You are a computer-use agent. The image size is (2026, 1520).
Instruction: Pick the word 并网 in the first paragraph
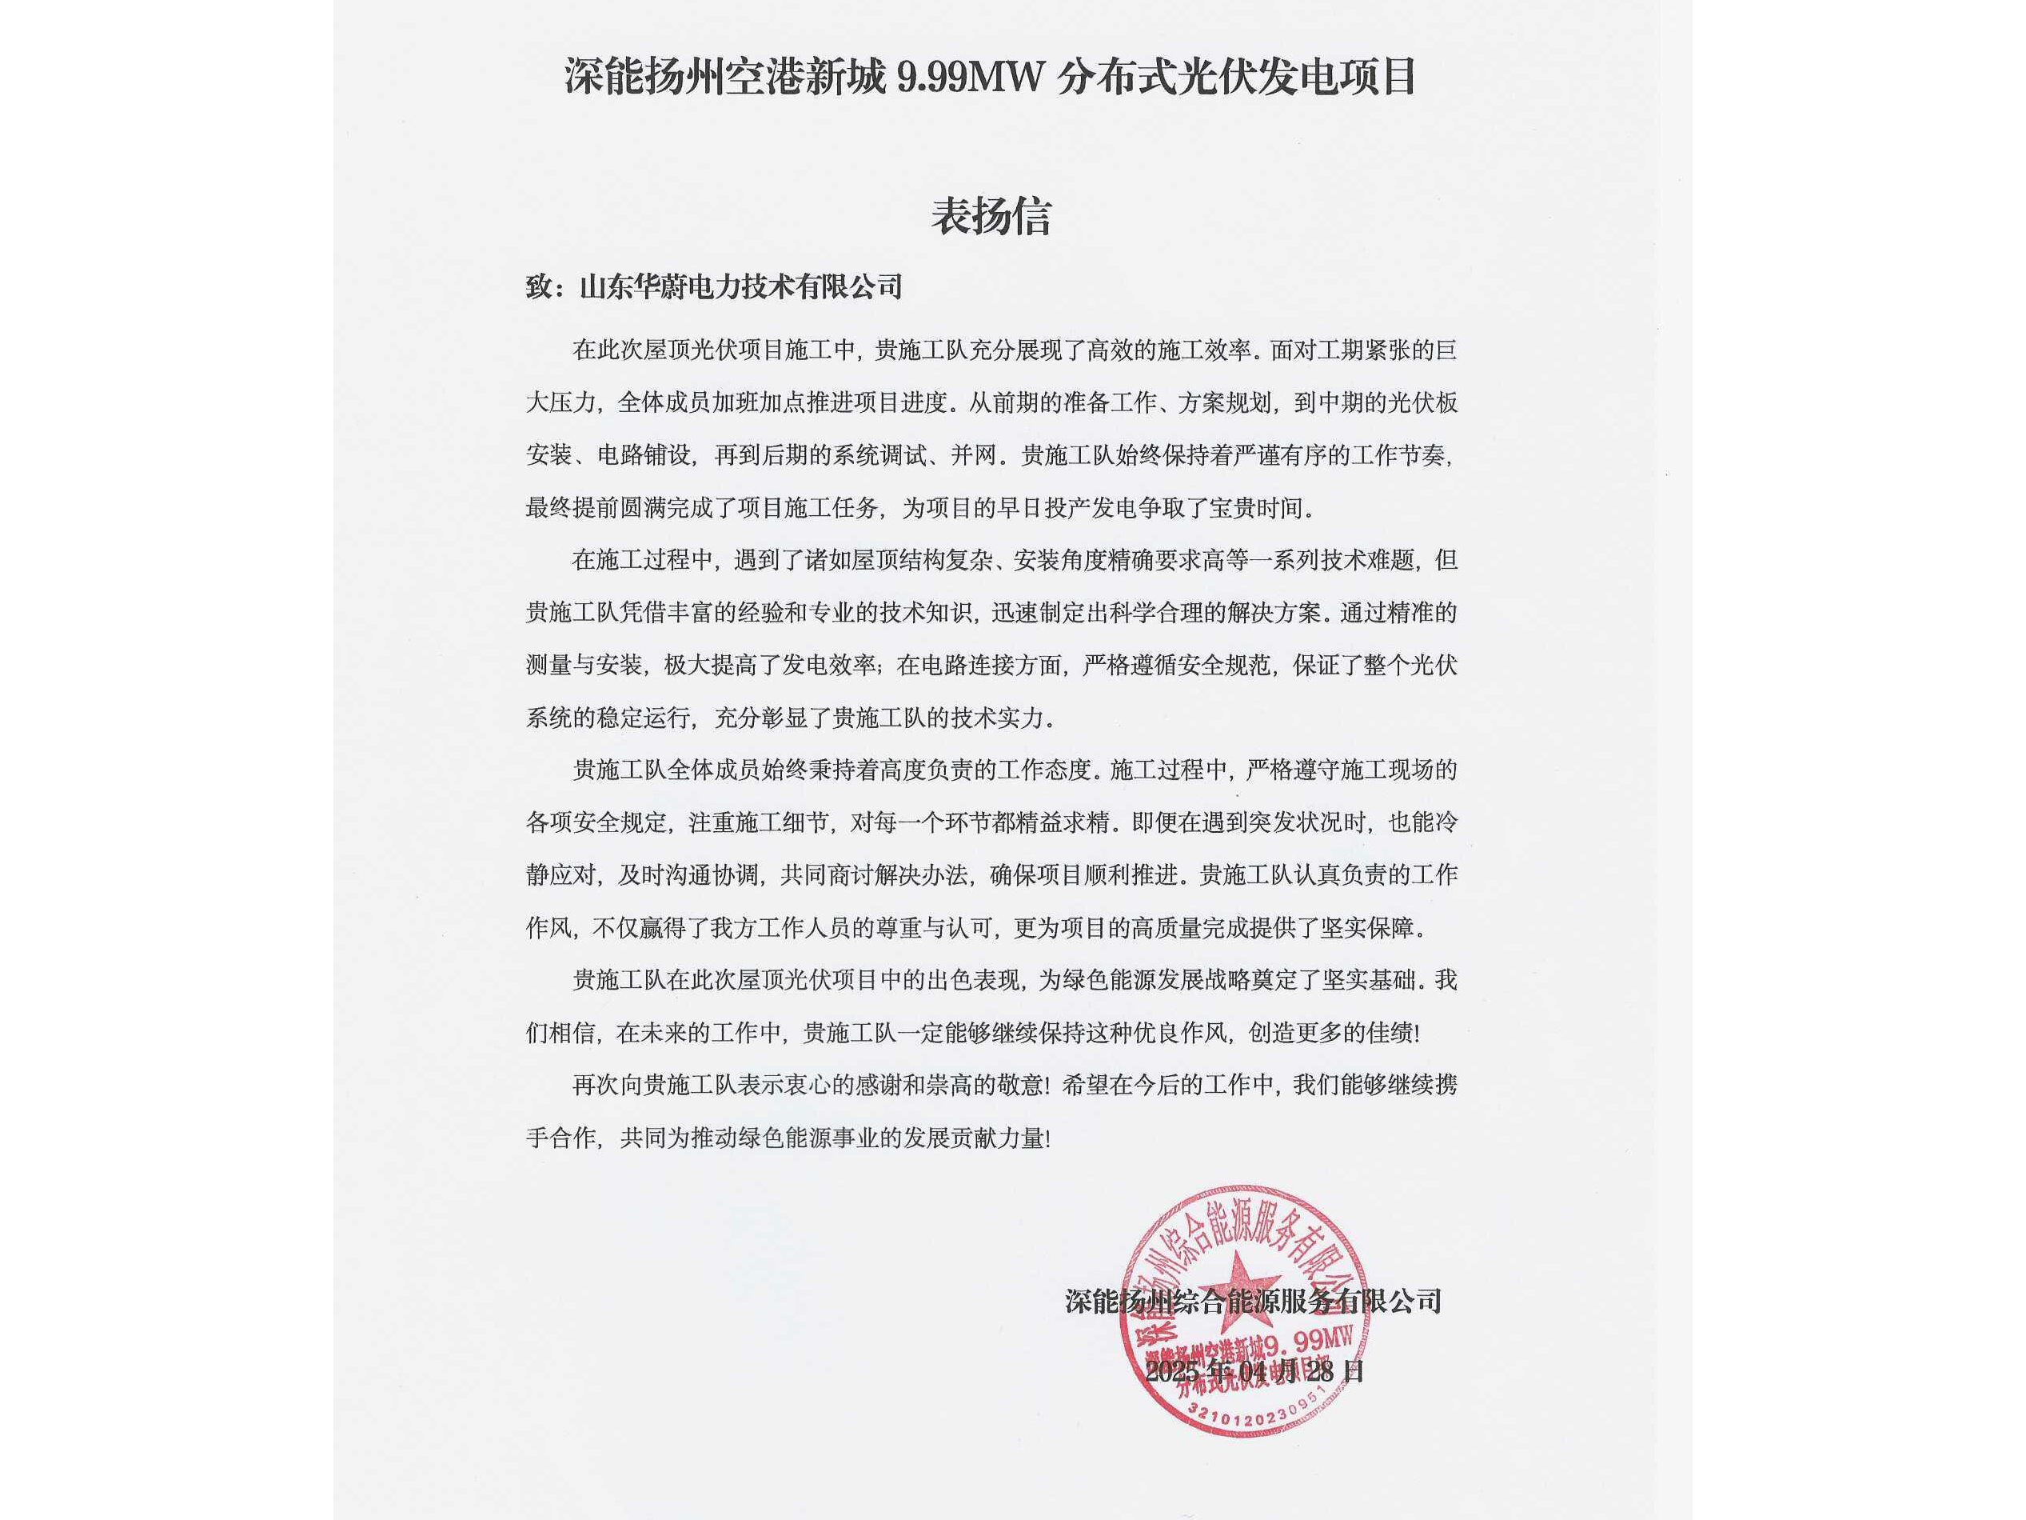973,455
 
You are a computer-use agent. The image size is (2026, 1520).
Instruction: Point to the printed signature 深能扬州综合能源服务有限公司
1253,1301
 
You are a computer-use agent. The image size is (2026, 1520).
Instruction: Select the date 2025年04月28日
1254,1371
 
